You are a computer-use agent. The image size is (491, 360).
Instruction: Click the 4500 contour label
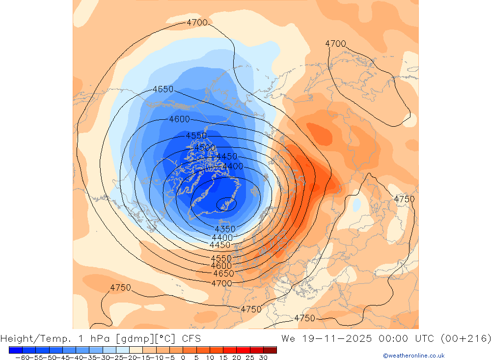(205, 148)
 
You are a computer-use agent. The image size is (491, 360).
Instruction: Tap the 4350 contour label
(225, 229)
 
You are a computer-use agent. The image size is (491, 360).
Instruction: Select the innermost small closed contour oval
(226, 203)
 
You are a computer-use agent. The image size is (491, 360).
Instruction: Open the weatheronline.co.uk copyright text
(413, 356)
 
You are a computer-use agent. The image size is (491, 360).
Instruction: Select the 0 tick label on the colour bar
(183, 358)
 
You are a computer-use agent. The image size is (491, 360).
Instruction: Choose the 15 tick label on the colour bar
(222, 358)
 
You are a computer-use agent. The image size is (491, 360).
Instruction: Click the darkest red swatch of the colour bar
(270, 350)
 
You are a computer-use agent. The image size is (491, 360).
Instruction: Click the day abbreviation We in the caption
(288, 338)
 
